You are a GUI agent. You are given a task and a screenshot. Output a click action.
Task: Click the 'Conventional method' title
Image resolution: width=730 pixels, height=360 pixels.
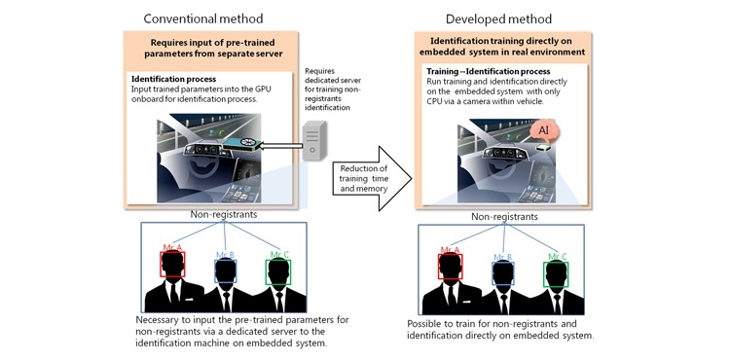point(203,18)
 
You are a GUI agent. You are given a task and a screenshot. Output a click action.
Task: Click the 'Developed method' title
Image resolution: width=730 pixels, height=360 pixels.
point(498,18)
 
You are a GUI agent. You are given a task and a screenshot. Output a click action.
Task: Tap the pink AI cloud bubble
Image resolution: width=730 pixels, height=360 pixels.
point(544,130)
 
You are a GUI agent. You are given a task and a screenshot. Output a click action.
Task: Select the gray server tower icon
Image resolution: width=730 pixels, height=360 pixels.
point(311,140)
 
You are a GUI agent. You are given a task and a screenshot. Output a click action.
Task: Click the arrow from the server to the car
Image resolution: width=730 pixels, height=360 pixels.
point(279,147)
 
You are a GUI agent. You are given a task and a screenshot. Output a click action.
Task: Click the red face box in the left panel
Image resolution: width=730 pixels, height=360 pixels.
point(172,265)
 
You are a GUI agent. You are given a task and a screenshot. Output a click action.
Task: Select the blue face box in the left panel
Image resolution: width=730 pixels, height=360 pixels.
point(226,270)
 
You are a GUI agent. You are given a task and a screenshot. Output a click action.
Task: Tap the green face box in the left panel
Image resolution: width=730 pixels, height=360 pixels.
point(278,272)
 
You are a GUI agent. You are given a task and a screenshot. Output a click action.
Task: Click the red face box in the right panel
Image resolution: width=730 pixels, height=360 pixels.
point(451,267)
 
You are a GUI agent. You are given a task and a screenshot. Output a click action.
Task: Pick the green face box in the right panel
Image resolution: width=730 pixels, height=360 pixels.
point(556,274)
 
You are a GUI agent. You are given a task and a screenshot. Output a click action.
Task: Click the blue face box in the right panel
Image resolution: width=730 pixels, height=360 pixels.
point(503,273)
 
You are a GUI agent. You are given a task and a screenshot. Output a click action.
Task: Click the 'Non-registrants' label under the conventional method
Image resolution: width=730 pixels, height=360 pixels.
point(224,215)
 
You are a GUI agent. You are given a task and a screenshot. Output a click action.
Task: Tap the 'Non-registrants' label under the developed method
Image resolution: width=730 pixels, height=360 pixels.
point(504,217)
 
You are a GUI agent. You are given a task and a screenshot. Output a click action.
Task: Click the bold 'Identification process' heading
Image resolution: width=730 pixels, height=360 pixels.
point(173,79)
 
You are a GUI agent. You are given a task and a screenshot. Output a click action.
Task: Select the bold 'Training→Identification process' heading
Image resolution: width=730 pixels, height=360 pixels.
point(489,72)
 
